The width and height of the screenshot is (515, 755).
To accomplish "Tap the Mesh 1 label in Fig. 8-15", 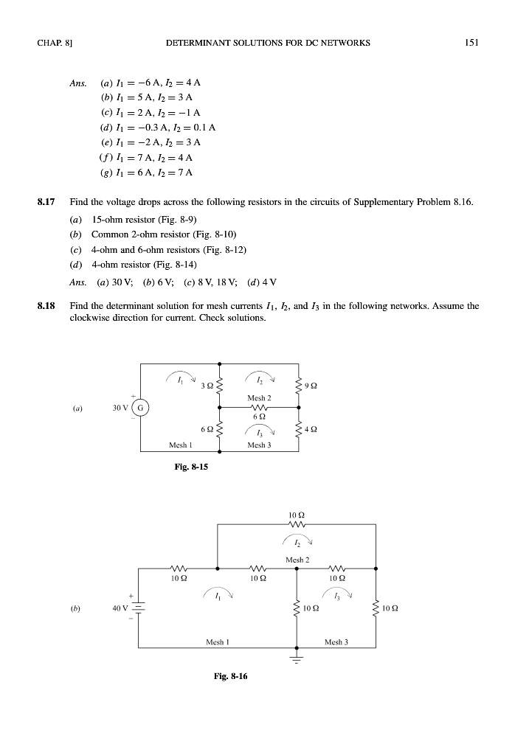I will (181, 445).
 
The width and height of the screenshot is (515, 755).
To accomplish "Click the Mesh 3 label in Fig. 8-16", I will (336, 642).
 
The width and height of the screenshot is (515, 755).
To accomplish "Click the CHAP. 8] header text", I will (52, 42).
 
